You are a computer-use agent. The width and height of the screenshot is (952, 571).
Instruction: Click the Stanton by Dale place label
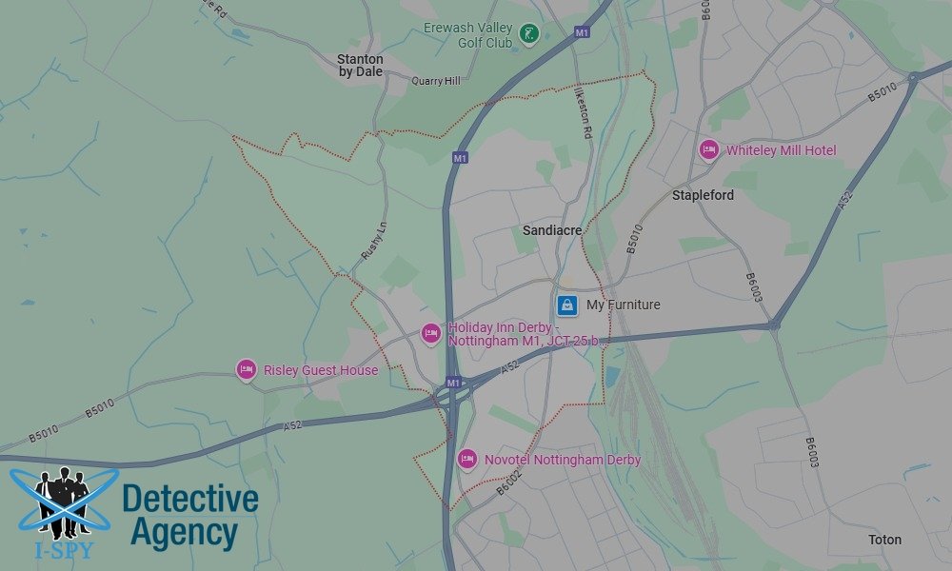coord(360,65)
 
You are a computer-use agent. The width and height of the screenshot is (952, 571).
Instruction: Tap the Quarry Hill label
coord(435,81)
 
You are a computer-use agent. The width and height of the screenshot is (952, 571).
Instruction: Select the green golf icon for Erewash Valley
coord(528,36)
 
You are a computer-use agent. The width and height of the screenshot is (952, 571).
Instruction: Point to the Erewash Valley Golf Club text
coord(467,35)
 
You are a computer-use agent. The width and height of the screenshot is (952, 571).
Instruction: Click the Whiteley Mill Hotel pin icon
coord(708,150)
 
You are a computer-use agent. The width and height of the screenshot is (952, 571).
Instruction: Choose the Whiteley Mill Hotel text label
coord(781,150)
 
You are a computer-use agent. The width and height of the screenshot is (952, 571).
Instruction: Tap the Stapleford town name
coord(703,195)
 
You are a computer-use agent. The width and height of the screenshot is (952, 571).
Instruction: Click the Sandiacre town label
coord(552,230)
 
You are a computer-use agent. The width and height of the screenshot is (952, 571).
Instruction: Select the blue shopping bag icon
coord(567,305)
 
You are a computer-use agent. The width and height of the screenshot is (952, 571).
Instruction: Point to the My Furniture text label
coord(623,305)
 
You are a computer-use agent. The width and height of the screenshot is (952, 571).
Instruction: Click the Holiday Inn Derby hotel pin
coord(430,333)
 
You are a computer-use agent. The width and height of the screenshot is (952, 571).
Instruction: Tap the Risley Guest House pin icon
coord(246,370)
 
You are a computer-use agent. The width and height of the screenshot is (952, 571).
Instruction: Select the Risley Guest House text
coord(320,370)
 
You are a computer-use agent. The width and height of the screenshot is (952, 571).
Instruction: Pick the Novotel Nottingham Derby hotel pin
coord(466,460)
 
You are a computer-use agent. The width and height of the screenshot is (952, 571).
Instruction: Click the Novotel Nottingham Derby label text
coord(562,460)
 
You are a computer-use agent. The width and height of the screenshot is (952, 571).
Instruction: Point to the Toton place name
coord(884,540)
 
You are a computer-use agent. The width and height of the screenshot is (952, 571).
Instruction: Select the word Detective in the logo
coord(190,500)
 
